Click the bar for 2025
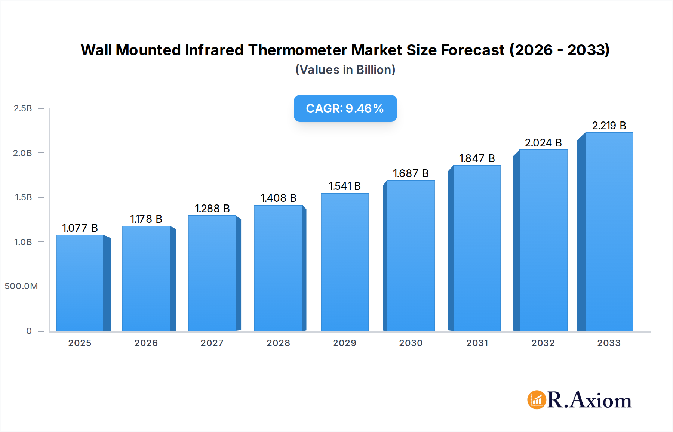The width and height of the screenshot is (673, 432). click(x=80, y=283)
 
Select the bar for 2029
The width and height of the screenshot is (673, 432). click(x=344, y=262)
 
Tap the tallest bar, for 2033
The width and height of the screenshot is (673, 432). click(x=609, y=232)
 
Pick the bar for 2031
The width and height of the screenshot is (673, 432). click(x=477, y=248)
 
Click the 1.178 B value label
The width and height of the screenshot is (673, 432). click(x=146, y=219)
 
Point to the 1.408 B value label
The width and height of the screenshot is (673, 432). click(x=279, y=198)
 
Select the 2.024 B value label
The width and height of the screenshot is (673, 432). click(x=543, y=143)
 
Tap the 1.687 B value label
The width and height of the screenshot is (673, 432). click(x=411, y=173)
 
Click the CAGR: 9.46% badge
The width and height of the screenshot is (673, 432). click(x=345, y=108)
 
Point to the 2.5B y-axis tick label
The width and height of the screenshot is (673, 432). click(x=23, y=108)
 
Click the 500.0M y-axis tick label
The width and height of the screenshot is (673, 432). click(x=21, y=286)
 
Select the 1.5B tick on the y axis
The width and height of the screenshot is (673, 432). click(x=23, y=197)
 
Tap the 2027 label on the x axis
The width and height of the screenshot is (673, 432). click(x=212, y=343)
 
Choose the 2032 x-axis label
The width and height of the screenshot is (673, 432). click(x=543, y=343)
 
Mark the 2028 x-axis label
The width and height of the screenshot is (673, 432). click(x=278, y=343)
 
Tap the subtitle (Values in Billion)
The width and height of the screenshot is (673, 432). click(x=345, y=70)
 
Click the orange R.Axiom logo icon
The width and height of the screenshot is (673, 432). click(x=537, y=400)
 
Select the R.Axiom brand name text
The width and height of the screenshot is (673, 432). click(x=589, y=400)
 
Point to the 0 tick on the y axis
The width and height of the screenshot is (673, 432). click(x=29, y=331)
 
